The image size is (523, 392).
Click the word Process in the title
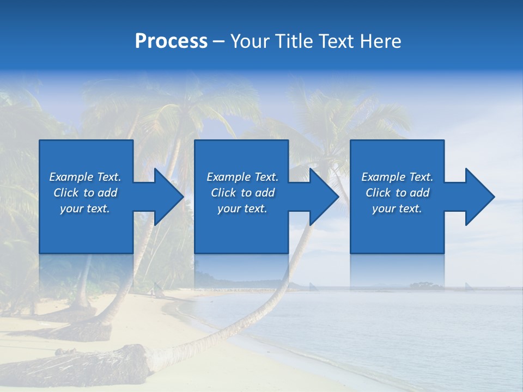pos(171,41)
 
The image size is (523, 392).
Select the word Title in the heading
pos(296,41)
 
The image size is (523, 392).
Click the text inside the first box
pos(85,193)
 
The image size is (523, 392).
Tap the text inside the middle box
pos(242,193)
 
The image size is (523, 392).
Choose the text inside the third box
pos(397,193)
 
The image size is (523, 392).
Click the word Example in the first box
pos(70,177)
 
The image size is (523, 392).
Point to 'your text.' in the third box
pos(397,209)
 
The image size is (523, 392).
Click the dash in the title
pos(219,41)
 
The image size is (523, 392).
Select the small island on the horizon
pos(427,285)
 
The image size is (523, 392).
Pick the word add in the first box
pos(107,193)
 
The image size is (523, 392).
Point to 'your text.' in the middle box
pos(242,209)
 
